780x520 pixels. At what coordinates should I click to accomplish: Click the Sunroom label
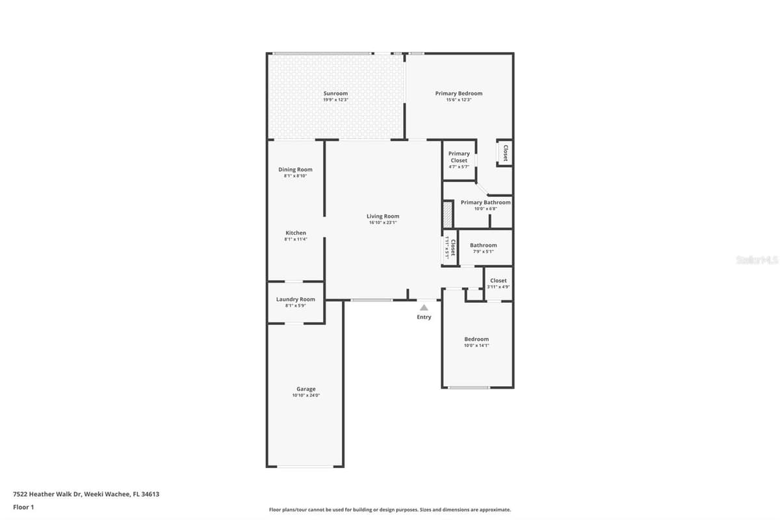335,94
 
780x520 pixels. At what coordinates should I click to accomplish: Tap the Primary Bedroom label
459,94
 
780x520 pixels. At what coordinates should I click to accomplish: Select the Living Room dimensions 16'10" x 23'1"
383,222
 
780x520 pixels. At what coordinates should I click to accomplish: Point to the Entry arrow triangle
424,307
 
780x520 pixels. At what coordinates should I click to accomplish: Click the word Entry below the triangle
424,317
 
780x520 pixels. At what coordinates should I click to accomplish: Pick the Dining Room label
295,170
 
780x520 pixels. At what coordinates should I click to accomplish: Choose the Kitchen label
296,233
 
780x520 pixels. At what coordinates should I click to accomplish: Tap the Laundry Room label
295,299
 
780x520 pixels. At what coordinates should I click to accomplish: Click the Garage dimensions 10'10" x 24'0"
305,395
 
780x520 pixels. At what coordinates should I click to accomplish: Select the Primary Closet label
459,157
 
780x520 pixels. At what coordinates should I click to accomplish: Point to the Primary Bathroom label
486,202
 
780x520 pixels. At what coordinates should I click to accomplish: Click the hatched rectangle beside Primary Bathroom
447,215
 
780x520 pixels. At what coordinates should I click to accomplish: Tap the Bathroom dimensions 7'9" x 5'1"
484,252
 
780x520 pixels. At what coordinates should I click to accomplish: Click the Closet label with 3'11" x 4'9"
499,280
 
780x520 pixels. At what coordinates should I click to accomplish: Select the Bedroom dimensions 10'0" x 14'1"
476,346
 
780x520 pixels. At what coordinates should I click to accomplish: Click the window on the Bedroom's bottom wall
469,387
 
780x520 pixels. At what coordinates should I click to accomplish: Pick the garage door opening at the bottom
305,466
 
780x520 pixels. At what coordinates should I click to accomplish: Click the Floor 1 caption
23,507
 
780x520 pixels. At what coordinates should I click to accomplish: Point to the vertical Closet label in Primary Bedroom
505,153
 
